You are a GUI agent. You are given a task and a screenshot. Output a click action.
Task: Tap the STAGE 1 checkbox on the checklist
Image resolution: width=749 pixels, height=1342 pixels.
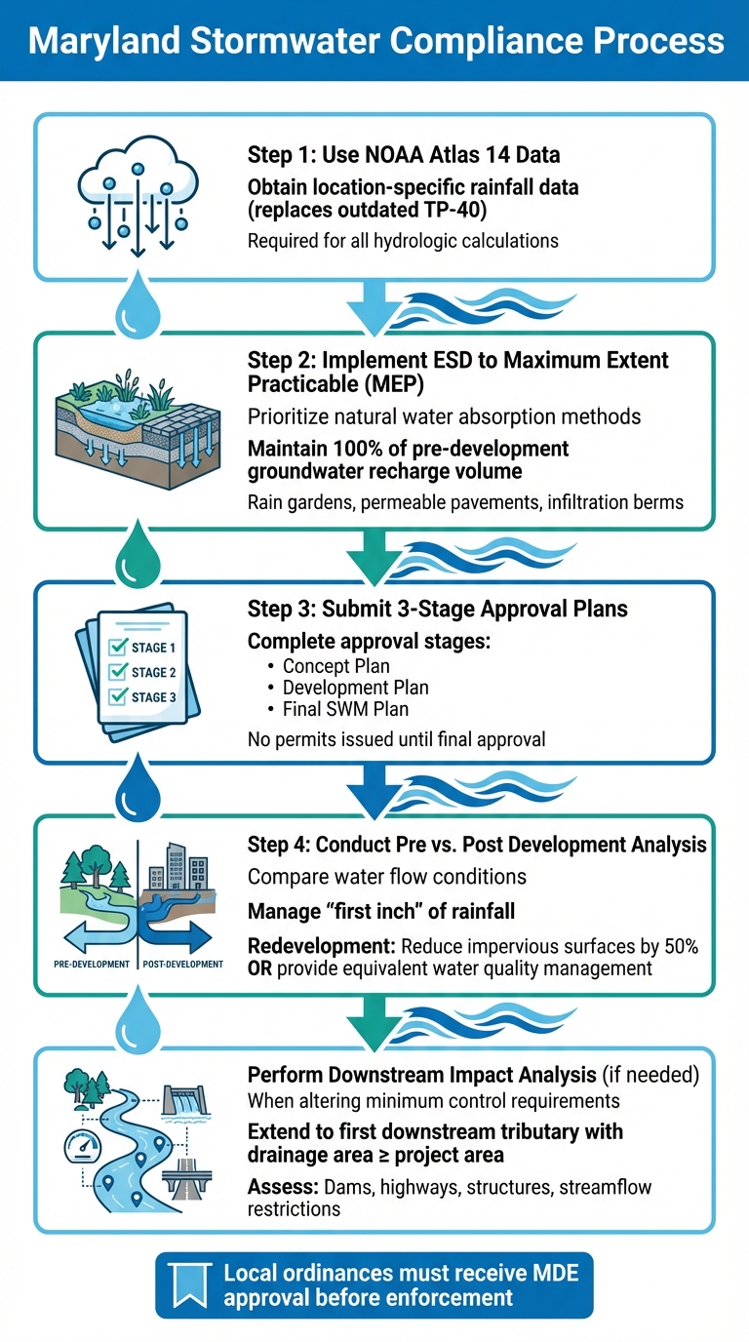[120, 648]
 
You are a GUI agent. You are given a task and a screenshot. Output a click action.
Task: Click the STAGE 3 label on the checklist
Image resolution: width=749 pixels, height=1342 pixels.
[153, 697]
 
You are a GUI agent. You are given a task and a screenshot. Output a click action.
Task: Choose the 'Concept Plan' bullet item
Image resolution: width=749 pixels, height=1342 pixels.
[335, 666]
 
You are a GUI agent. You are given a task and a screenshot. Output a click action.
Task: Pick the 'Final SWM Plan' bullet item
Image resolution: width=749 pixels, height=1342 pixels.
[344, 709]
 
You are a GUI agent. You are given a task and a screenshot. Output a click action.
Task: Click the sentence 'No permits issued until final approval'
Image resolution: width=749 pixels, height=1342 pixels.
[396, 739]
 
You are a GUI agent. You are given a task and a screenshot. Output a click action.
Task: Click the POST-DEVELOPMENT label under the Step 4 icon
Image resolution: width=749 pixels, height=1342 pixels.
[183, 964]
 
